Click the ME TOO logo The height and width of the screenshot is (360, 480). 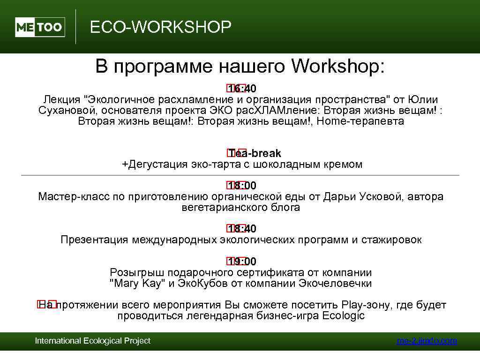pos(40,27)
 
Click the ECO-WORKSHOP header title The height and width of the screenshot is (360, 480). pos(160,27)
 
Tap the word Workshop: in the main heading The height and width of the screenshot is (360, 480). pos(337,67)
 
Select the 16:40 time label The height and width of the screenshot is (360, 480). pos(242,89)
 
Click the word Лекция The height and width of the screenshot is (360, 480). pos(62,100)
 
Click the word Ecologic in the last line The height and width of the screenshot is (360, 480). pos(344,316)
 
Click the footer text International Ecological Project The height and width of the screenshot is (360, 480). pos(93,341)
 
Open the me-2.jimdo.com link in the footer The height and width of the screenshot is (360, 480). pos(426,341)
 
